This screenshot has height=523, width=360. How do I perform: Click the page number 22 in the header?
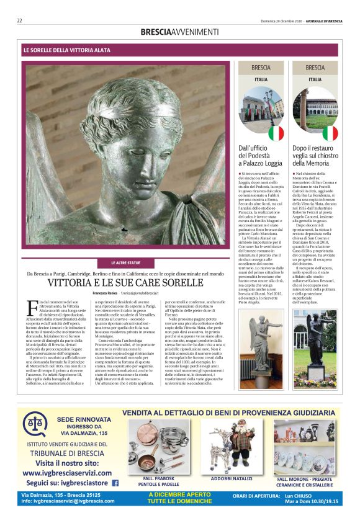[x=20, y=20]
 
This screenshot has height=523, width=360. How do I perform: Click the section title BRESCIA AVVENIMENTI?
[x=179, y=32]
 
